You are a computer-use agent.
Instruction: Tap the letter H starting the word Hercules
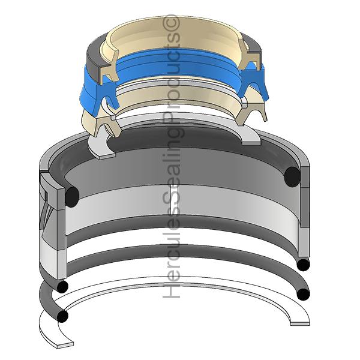click(171, 290)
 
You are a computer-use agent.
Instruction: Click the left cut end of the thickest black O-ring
click(72, 197)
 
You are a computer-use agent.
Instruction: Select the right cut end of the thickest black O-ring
click(292, 177)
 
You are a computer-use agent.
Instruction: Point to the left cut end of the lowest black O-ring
click(62, 316)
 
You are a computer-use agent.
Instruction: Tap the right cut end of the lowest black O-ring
click(303, 294)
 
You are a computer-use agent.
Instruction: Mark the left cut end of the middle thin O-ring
click(62, 286)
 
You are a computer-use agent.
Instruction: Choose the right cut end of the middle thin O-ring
click(303, 265)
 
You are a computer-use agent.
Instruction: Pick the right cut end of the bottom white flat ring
click(300, 324)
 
